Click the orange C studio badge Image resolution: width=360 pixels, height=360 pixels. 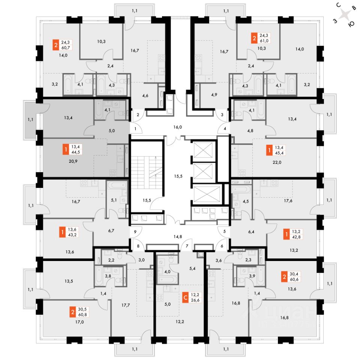[185, 297]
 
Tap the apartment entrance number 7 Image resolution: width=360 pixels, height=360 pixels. [187, 246]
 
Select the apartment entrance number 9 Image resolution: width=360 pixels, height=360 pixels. [135, 232]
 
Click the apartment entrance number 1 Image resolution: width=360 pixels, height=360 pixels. [135, 129]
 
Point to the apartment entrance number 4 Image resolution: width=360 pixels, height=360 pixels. [225, 129]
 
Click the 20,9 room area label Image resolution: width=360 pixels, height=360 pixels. [73, 161]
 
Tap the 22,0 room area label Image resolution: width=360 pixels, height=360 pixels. [277, 162]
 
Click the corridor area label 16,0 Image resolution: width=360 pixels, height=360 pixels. [177, 127]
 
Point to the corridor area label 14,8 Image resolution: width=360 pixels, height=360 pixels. [178, 237]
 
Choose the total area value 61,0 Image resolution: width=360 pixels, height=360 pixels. [264, 40]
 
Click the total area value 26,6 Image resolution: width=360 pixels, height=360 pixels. [195, 300]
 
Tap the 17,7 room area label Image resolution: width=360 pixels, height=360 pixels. [126, 305]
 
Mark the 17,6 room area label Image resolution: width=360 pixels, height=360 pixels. [288, 201]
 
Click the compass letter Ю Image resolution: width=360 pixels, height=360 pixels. [351, 24]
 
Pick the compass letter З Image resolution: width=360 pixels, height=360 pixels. [335, 21]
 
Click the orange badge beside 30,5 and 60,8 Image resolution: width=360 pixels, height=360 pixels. [73, 312]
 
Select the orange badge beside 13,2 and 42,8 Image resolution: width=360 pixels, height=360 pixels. [286, 234]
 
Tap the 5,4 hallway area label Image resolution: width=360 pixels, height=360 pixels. [192, 268]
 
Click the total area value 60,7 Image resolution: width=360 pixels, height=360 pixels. [66, 48]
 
